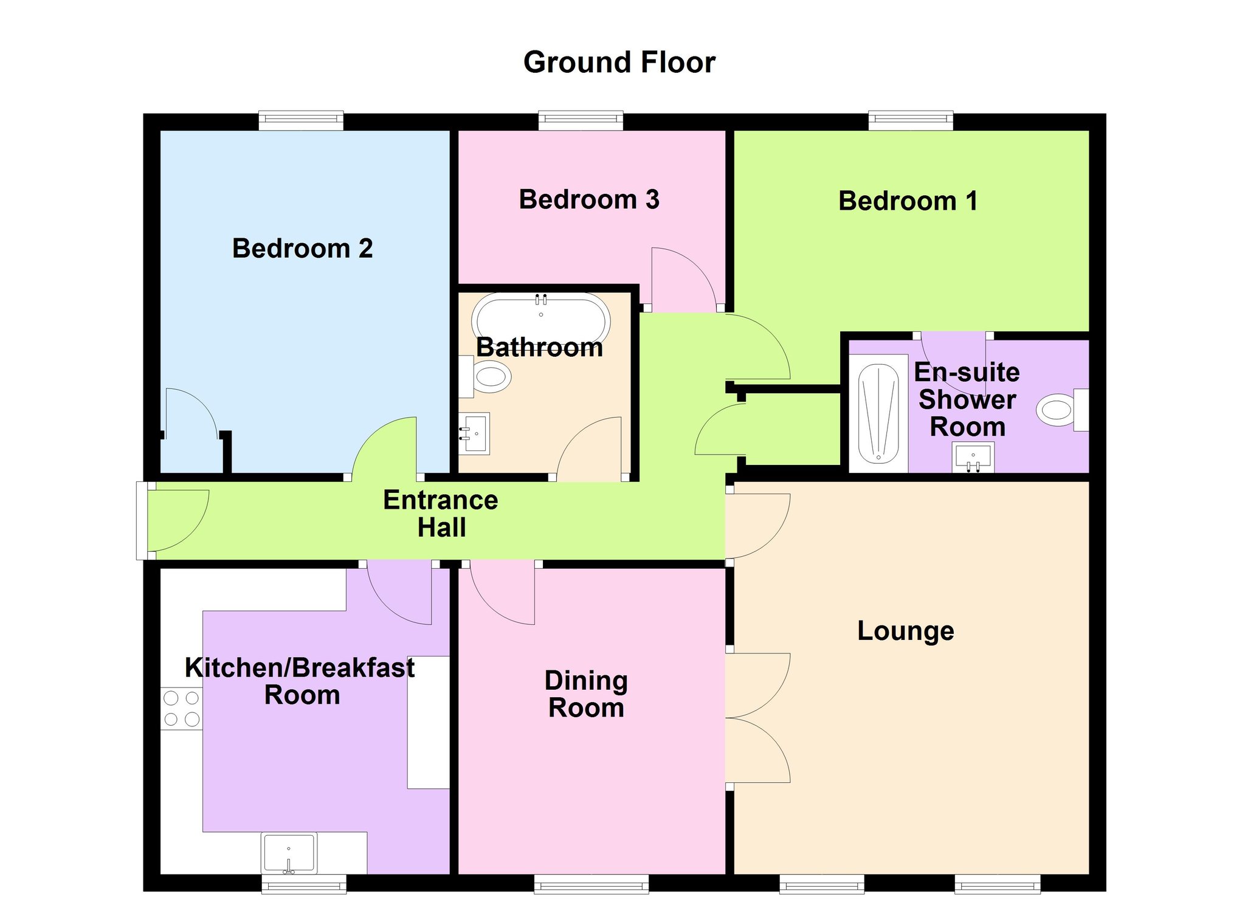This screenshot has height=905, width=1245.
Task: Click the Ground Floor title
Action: pos(619,63)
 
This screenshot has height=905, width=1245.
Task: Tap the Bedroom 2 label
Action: pos(302,249)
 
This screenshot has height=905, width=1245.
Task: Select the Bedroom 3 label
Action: pos(588,200)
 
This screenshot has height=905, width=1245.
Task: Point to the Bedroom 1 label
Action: pos(908,201)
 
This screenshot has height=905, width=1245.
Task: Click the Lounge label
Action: pos(906,631)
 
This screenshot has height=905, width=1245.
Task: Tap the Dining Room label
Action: pos(587,694)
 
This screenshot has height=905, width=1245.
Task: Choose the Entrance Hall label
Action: pos(441,514)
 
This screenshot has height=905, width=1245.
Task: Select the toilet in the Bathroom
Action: pos(485,377)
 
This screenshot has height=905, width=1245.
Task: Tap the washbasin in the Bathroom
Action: pos(474,433)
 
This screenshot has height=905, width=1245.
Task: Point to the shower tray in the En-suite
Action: pos(878,413)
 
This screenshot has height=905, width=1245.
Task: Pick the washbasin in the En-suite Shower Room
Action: pos(973,457)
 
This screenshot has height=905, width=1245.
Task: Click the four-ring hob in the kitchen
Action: pos(181,709)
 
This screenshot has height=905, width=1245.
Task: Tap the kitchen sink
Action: pos(289,852)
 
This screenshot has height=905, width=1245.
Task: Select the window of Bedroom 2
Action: pos(301,120)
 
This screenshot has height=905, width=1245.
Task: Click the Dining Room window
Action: pos(591,884)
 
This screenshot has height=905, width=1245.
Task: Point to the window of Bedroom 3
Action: pos(581,120)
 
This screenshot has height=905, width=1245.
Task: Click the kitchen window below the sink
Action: pos(304,884)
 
